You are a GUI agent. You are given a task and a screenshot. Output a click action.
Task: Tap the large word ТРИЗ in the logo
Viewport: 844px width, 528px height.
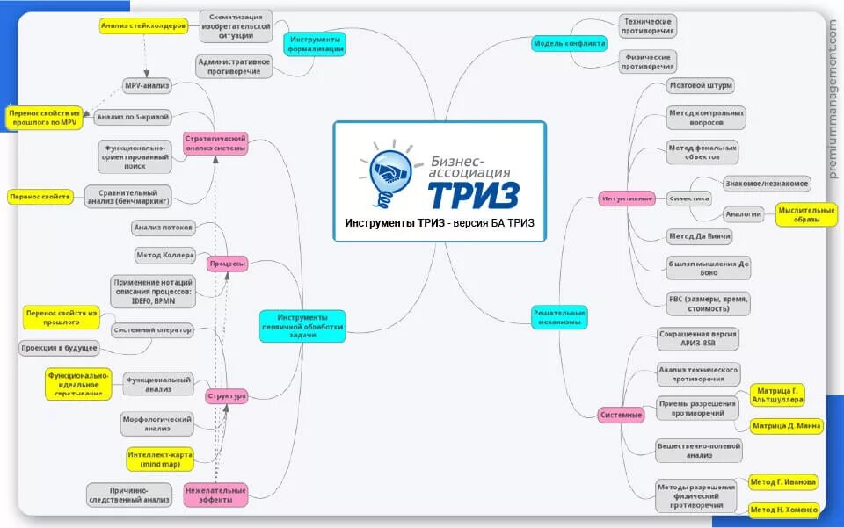(476, 192)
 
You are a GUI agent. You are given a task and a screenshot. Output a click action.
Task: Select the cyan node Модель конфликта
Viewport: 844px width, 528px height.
(569, 43)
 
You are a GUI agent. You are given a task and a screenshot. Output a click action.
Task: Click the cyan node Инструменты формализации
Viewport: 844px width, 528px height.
(316, 43)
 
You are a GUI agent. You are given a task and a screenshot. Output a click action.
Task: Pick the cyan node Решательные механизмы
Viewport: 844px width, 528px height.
(559, 317)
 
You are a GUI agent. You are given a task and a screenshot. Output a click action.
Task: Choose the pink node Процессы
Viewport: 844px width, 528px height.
(227, 264)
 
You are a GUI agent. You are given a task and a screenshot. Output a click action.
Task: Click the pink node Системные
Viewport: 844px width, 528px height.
(621, 414)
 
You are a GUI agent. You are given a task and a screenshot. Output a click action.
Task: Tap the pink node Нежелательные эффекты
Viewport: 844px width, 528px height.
(215, 495)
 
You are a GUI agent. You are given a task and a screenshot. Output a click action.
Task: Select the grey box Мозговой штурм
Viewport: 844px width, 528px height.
(701, 86)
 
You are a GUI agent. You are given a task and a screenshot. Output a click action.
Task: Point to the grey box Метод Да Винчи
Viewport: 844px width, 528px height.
(700, 236)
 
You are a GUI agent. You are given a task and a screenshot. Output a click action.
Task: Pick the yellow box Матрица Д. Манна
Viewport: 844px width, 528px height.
(786, 426)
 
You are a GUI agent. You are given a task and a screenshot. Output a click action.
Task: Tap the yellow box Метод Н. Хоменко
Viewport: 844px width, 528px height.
(784, 510)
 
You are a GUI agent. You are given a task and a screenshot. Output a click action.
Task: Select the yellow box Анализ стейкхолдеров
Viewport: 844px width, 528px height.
(142, 26)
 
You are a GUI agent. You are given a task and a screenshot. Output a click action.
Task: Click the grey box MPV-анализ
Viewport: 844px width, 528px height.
(146, 86)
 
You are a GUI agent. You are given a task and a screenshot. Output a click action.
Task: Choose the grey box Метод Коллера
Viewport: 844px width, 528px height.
(164, 255)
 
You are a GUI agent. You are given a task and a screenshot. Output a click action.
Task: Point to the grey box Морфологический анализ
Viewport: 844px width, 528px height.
(156, 424)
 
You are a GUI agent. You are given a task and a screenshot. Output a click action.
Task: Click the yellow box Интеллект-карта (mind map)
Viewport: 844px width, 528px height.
(159, 459)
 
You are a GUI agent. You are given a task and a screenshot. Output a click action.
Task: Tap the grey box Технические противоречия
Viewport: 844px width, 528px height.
(648, 26)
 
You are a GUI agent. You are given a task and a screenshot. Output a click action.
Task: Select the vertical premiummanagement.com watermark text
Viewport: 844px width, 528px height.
(833, 101)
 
